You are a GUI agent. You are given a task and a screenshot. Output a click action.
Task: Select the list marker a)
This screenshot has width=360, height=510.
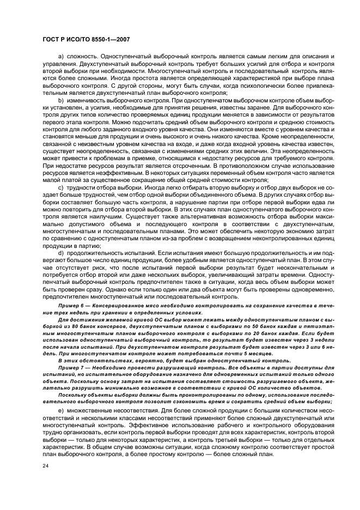pyautogui.click(x=61, y=57)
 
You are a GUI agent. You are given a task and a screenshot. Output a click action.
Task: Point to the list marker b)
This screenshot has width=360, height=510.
pyautogui.click(x=61, y=101)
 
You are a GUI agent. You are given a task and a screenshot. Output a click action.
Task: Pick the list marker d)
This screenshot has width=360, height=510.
pyautogui.click(x=61, y=253)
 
